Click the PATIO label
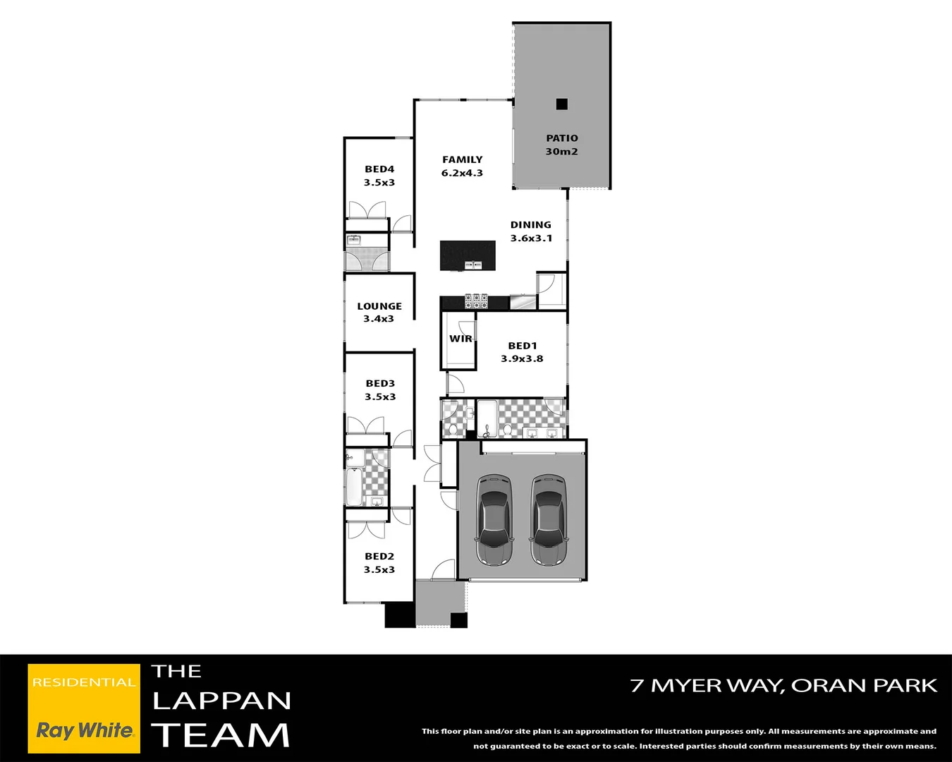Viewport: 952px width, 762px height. pos(562,138)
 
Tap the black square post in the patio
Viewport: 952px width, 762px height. pos(561,104)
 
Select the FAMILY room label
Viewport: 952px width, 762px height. pos(463,159)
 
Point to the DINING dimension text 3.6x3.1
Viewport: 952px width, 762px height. pos(531,238)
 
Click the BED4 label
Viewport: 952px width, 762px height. pos(379,169)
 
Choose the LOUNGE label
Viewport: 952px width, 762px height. pos(379,306)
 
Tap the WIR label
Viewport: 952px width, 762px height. pos(460,339)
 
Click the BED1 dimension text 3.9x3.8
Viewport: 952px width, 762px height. pos(522,359)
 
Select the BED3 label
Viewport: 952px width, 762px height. pos(380,384)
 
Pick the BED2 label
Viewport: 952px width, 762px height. pos(379,557)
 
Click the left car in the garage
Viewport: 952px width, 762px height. pos(494,520)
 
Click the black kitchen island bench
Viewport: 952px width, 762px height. pos(468,255)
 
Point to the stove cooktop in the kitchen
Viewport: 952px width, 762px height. pos(477,301)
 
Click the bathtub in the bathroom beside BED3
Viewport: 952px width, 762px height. pos(353,486)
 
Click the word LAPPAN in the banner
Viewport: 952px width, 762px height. pos(221,701)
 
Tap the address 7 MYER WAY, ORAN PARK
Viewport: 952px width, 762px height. pos(783,686)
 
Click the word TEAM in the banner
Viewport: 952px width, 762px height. pos(221,735)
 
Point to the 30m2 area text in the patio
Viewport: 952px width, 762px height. pos(561,152)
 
